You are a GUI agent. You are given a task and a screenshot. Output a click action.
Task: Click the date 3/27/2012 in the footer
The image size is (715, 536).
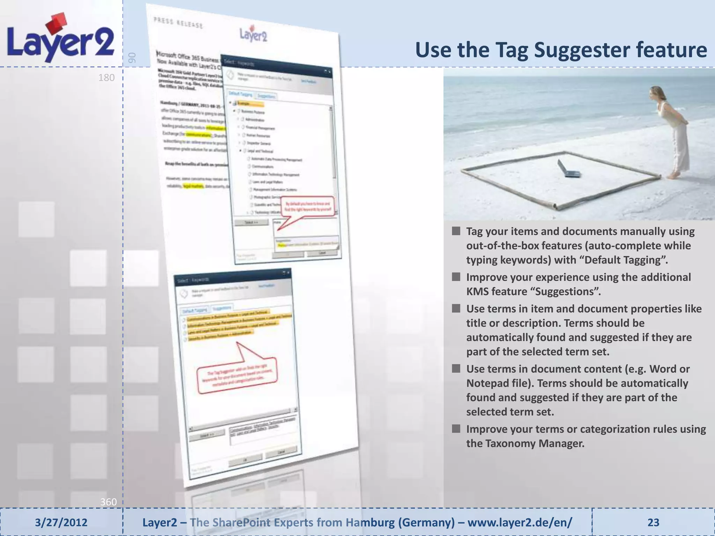coord(61,522)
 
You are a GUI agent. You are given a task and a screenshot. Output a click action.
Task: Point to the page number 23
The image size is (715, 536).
coord(653,522)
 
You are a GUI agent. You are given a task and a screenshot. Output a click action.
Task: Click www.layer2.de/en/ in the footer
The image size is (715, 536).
coord(519,522)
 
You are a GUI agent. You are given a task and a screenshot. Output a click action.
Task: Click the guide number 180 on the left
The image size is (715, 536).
coord(106,77)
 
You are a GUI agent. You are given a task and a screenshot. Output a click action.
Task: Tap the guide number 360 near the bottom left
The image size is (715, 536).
coord(108,502)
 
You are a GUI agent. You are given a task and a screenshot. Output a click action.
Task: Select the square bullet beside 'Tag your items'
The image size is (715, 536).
coord(456,231)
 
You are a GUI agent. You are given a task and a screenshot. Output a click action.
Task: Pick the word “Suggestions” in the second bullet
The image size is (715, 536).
coord(566,291)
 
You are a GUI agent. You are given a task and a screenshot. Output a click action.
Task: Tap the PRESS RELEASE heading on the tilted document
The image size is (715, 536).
coord(178,22)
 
